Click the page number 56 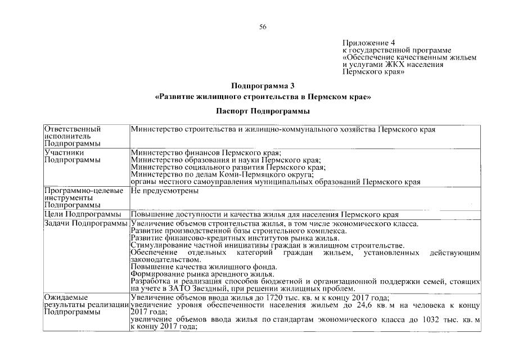coord(263,27)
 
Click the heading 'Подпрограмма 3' coord(263,86)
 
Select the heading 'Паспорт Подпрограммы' coord(263,111)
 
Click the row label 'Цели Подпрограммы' coord(83,214)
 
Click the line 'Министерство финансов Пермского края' coord(205,152)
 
